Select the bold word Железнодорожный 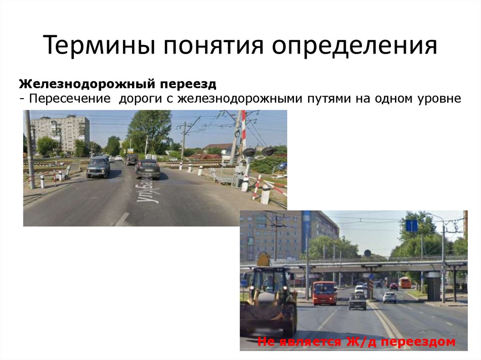(85, 84)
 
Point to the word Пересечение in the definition (71, 99)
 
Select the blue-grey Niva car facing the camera (98, 167)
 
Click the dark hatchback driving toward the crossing (148, 169)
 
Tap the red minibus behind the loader (325, 293)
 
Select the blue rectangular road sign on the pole (412, 226)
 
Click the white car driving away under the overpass (389, 298)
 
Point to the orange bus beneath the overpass (405, 283)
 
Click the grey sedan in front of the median (357, 301)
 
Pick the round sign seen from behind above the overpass (367, 253)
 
